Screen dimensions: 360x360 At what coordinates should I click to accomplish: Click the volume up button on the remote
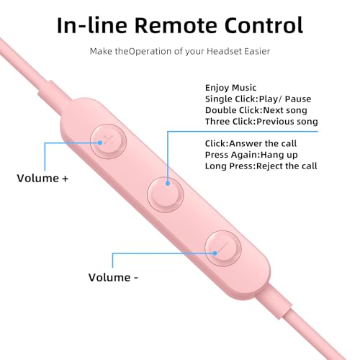pyautogui.click(x=108, y=141)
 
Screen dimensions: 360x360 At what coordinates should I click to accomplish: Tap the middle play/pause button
pyautogui.click(x=166, y=194)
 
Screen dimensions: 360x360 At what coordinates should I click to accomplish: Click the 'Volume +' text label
pyautogui.click(x=42, y=179)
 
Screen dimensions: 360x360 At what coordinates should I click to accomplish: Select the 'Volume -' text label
pyautogui.click(x=113, y=277)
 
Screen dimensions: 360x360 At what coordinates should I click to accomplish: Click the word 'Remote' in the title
pyautogui.click(x=176, y=25)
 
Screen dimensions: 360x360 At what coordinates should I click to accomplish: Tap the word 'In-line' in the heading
pyautogui.click(x=92, y=25)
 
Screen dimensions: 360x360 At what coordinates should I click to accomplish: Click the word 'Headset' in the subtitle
pyautogui.click(x=224, y=51)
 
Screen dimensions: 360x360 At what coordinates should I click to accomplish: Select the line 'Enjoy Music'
pyautogui.click(x=230, y=88)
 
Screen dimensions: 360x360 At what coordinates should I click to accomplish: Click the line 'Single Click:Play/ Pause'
pyautogui.click(x=258, y=99)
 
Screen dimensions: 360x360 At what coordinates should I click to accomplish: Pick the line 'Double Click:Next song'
pyautogui.click(x=256, y=110)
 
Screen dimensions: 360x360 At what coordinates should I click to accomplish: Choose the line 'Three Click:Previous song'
pyautogui.click(x=261, y=122)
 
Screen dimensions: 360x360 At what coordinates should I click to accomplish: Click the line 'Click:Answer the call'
pyautogui.click(x=251, y=143)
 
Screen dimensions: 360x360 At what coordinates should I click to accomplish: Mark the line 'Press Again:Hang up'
pyautogui.click(x=251, y=155)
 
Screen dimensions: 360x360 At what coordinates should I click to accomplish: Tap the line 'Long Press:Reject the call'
pyautogui.click(x=261, y=166)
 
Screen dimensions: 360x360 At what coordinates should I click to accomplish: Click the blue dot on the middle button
pyautogui.click(x=168, y=184)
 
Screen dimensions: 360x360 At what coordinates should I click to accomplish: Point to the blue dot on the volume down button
pyautogui.click(x=215, y=253)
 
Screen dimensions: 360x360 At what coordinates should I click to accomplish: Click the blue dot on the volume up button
pyautogui.click(x=100, y=143)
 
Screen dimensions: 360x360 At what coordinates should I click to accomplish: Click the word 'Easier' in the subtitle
pyautogui.click(x=257, y=51)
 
